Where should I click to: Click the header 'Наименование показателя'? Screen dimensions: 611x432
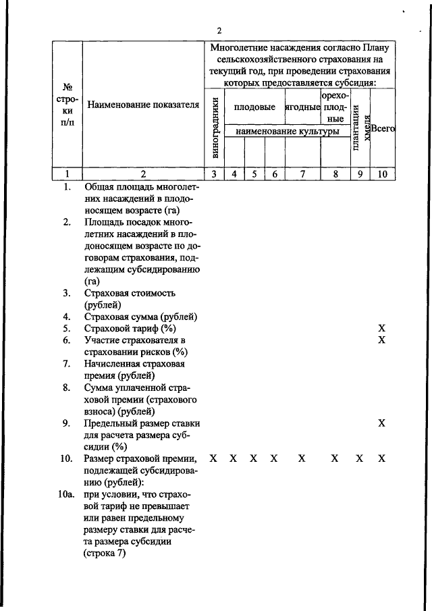pyautogui.click(x=143, y=105)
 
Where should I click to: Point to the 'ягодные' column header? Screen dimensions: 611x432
pyautogui.click(x=302, y=107)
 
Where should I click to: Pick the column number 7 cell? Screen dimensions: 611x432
pyautogui.click(x=302, y=174)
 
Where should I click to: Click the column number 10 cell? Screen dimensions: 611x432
pyautogui.click(x=382, y=174)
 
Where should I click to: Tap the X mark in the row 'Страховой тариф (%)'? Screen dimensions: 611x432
pyautogui.click(x=381, y=328)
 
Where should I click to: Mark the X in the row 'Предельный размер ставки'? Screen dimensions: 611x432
pyautogui.click(x=381, y=423)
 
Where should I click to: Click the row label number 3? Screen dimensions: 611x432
pyautogui.click(x=67, y=293)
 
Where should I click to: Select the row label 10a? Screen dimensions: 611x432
pyautogui.click(x=65, y=494)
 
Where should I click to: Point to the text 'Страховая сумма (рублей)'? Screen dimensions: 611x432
pyautogui.click(x=140, y=317)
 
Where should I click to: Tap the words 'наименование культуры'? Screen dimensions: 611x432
pyautogui.click(x=282, y=132)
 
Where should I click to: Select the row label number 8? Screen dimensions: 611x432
pyautogui.click(x=67, y=388)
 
